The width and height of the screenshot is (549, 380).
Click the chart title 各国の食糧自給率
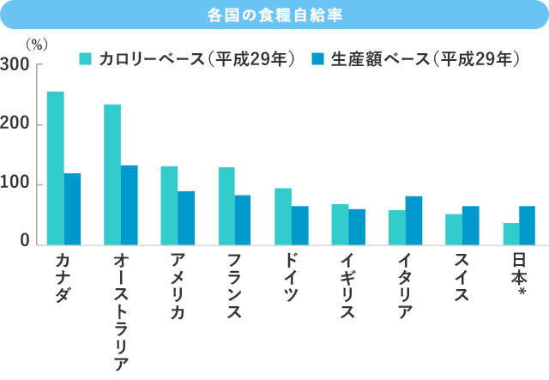(x=274, y=15)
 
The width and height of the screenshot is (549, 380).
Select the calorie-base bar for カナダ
(x=55, y=168)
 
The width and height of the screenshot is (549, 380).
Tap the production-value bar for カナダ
(x=72, y=209)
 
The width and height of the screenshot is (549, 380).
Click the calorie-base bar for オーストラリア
(x=112, y=175)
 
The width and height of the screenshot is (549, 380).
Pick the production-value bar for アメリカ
(x=186, y=218)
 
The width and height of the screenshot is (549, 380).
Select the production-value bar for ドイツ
(x=300, y=226)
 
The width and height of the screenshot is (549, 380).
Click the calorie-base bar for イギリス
(x=341, y=225)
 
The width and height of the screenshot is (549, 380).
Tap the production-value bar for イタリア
(x=414, y=220)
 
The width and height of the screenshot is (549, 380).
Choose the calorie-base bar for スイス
(x=454, y=230)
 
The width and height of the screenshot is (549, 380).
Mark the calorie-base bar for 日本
(x=511, y=234)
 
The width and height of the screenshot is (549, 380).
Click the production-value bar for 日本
(x=528, y=226)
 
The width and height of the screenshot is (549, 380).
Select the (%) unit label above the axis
(x=39, y=45)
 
